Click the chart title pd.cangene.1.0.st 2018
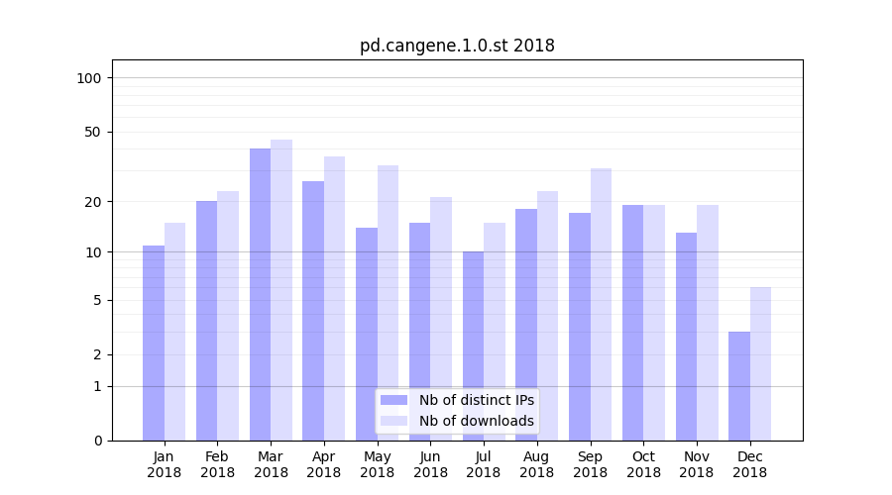457,46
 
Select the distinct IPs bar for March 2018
260,294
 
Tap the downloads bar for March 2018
281,290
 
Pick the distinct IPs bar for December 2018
739,386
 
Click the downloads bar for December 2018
760,363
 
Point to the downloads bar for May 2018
388,303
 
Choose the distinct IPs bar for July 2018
473,346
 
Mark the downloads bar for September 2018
601,304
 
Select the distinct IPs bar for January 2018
154,343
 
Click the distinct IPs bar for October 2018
632,323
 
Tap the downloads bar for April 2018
334,298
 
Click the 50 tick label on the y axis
92,132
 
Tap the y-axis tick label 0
97,441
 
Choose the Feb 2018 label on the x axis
217,464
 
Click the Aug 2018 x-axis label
537,464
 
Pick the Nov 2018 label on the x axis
697,464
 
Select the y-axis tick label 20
92,202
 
